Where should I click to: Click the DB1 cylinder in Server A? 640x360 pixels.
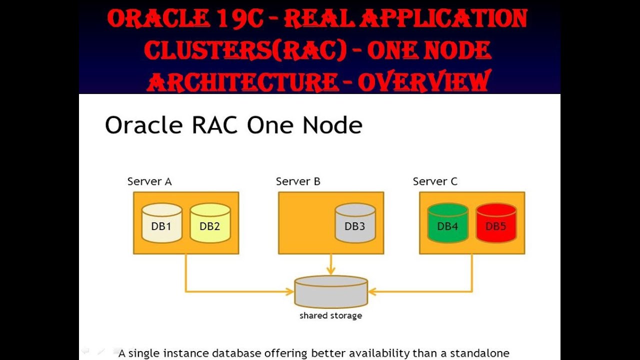pos(161,223)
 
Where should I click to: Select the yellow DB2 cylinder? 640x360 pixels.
pos(210,223)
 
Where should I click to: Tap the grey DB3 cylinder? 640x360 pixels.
pos(355,223)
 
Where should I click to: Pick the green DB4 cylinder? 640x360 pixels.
pos(447,223)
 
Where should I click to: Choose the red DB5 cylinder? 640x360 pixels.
pos(496,223)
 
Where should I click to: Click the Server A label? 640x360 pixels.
pos(149,181)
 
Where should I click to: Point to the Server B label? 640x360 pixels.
pos(298,181)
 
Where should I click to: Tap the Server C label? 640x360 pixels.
pos(435,181)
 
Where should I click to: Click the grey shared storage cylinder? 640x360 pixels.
pos(331,291)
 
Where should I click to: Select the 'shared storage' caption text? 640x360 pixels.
pos(331,315)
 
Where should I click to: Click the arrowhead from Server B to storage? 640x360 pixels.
pos(331,270)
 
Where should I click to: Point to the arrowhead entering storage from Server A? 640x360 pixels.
pos(290,291)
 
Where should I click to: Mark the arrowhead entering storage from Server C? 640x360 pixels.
pos(372,291)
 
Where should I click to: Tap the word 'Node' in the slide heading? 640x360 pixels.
pos(332,125)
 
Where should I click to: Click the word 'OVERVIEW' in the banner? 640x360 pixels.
pos(424,81)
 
